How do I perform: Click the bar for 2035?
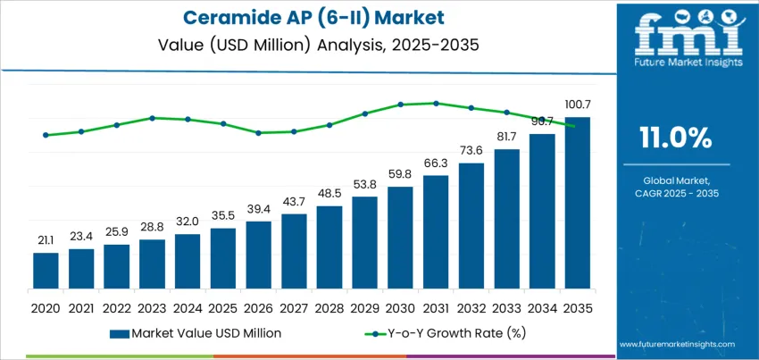pos(578,203)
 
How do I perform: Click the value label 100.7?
pos(578,105)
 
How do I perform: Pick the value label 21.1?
pos(46,240)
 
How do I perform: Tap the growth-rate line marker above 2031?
pos(436,103)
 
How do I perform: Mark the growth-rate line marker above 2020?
pos(46,135)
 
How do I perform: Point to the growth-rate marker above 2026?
pos(258,133)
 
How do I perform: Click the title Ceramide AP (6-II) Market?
pos(307,17)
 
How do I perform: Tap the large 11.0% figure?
pos(675,138)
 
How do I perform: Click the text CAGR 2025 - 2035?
pos(675,193)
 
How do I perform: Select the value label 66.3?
pos(436,163)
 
